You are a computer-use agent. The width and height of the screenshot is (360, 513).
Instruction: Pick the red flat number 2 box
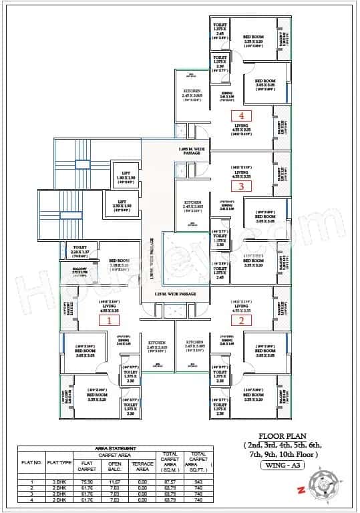241,320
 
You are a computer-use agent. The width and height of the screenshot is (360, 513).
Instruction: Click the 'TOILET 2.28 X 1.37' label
79,250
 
